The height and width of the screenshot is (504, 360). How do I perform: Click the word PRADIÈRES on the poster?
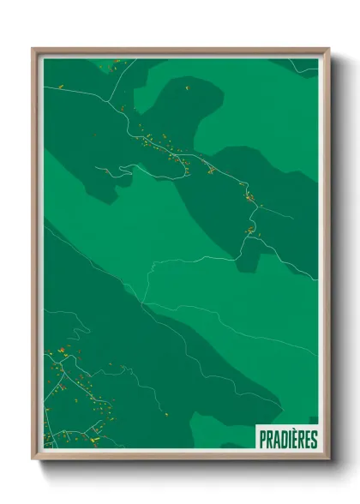[x=288, y=440]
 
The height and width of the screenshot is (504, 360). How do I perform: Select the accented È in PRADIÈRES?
[x=297, y=440]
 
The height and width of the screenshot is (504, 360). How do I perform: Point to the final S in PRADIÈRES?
[x=314, y=440]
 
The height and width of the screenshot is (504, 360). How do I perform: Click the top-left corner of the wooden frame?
[x=33, y=49]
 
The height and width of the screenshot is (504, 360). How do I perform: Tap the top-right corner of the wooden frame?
[x=328, y=49]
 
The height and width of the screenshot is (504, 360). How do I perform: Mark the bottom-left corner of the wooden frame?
[x=33, y=459]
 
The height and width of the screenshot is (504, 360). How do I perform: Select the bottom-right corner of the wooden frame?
[x=328, y=459]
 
